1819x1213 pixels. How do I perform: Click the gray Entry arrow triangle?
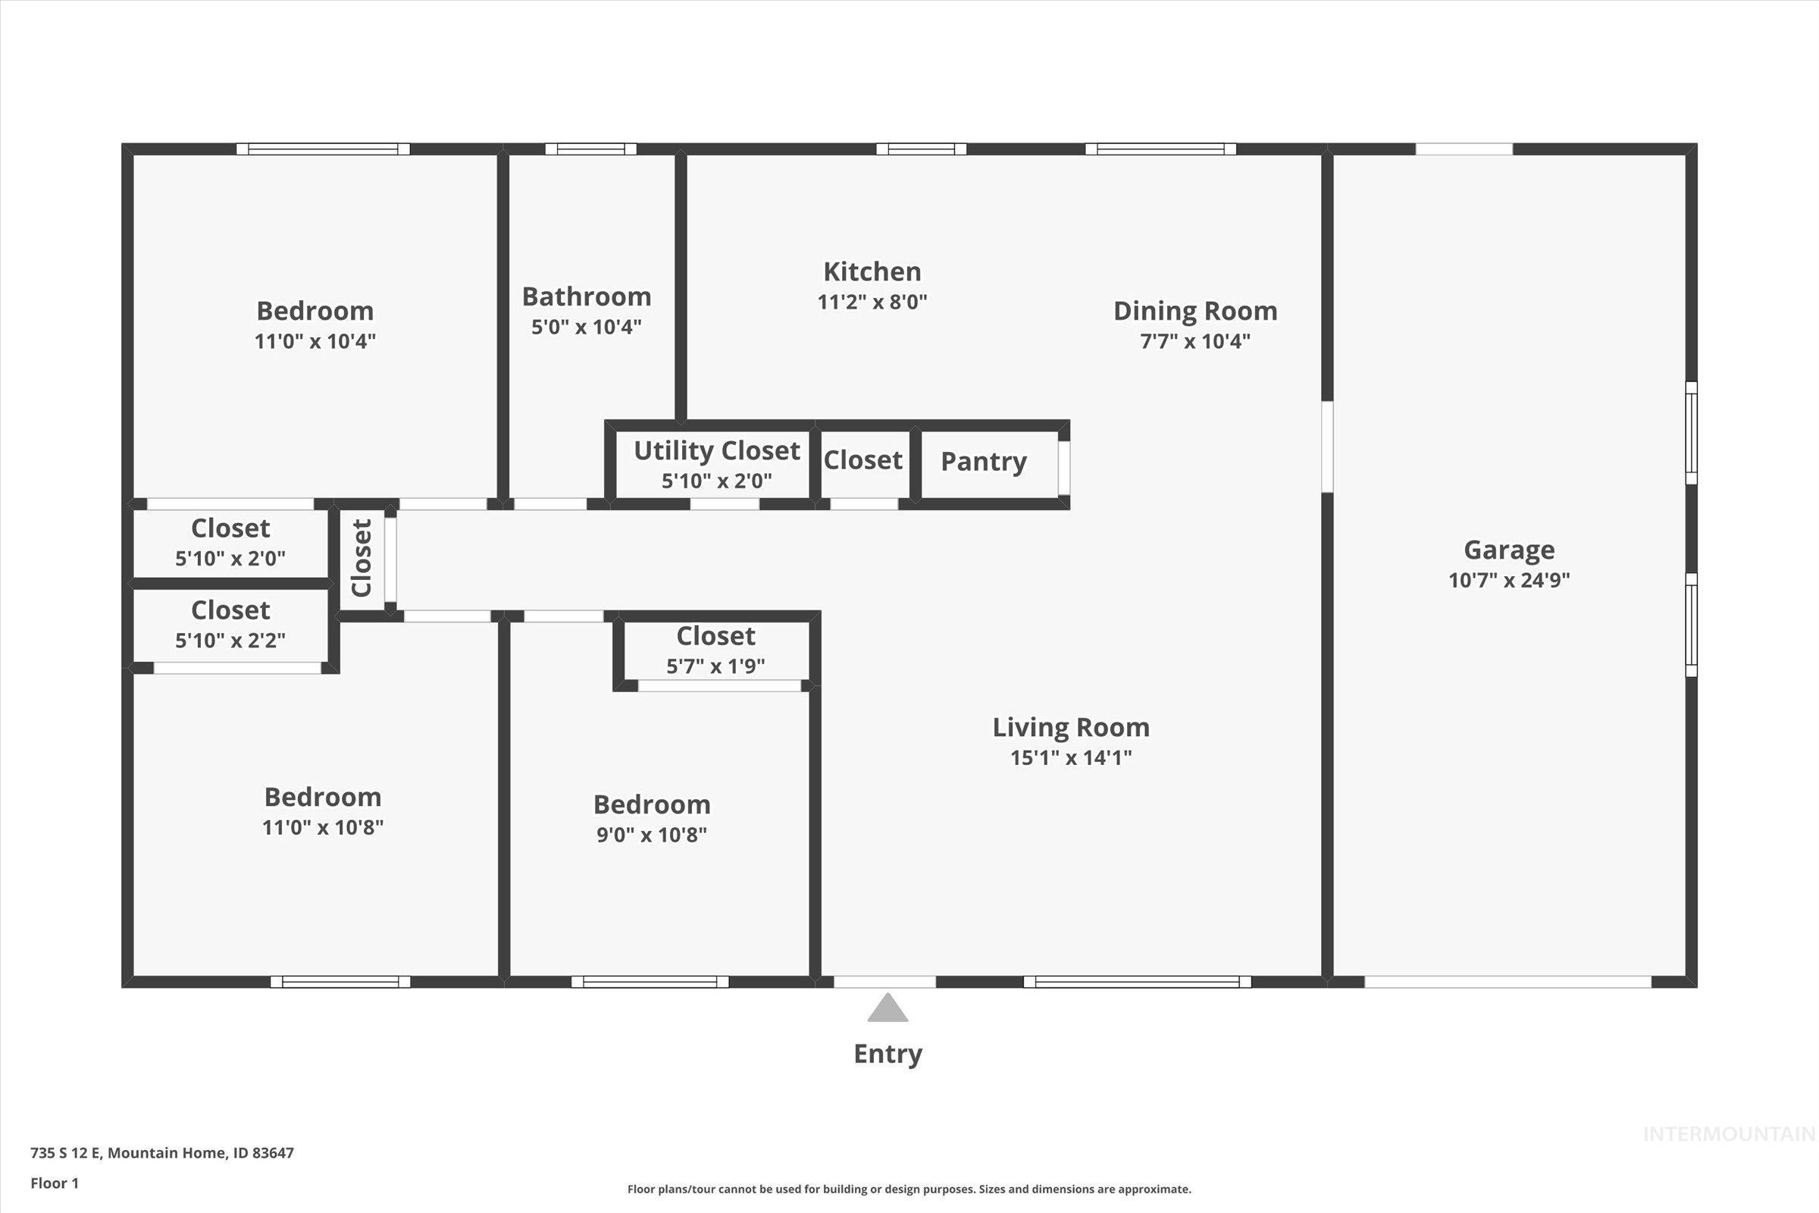[887, 1010]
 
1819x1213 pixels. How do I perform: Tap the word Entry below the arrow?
[887, 1054]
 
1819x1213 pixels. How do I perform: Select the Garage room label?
[1508, 550]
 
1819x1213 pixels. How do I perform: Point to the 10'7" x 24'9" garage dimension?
[1508, 580]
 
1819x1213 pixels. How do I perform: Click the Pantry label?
[983, 462]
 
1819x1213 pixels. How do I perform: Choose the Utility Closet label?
[716, 451]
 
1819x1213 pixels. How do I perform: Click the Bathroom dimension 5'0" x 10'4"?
[585, 328]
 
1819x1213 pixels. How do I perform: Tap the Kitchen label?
[872, 271]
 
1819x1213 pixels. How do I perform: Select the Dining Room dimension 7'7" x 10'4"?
[1195, 341]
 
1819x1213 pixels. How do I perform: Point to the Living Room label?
[1070, 727]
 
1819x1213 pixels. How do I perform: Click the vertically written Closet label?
[362, 558]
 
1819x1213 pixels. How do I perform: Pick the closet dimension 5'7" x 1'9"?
[715, 666]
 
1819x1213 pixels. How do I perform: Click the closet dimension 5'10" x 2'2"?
[230, 641]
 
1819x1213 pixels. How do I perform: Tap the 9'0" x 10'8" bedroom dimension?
[651, 835]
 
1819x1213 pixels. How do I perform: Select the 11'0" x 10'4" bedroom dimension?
[315, 341]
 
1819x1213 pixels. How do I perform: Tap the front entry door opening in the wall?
[884, 982]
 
